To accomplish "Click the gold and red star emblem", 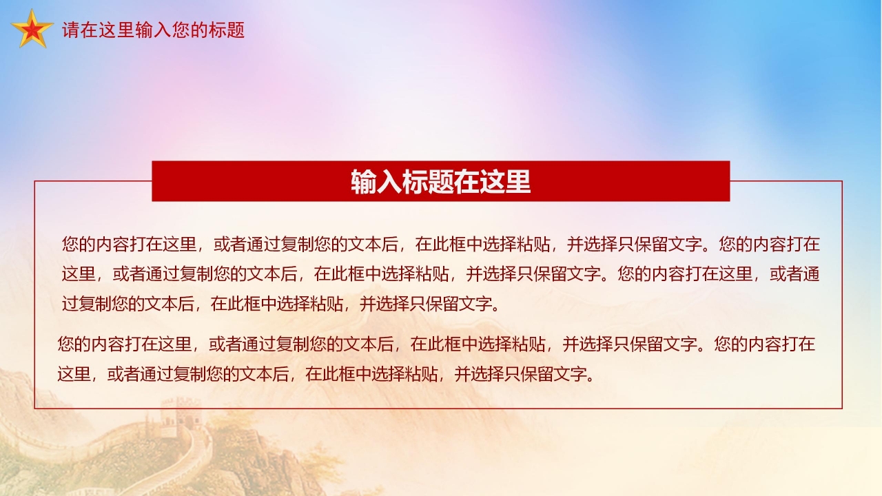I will (x=32, y=30).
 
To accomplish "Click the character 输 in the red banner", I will (x=363, y=182).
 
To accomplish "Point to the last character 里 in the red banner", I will (x=518, y=182).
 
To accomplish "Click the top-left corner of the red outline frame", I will (x=35, y=181).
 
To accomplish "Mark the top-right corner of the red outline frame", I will (x=842, y=181).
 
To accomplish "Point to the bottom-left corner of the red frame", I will (x=35, y=408).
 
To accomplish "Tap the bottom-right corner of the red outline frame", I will (x=842, y=408).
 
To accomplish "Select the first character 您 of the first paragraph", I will (x=70, y=244).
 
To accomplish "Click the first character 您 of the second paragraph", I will (x=66, y=344).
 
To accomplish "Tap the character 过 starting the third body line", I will (x=70, y=304).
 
